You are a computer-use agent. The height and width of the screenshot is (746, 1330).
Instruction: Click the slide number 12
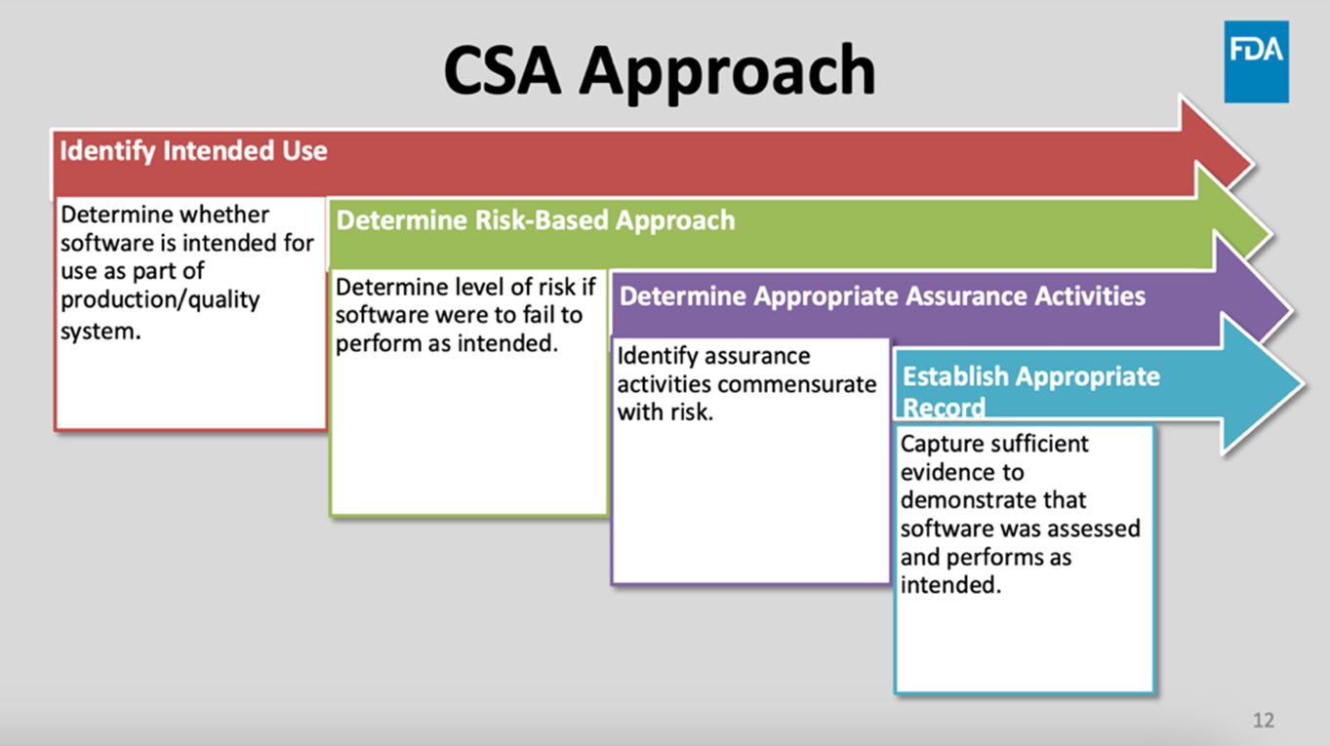coord(1263,721)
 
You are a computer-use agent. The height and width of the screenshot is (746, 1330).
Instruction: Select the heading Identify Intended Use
coord(193,151)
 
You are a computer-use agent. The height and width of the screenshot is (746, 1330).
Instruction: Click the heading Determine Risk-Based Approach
coord(535,220)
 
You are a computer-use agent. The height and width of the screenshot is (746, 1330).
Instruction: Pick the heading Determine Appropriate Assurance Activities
coord(882,295)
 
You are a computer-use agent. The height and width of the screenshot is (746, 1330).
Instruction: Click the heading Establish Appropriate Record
coord(1029,389)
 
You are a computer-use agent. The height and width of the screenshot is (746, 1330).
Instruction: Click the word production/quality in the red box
coord(160,299)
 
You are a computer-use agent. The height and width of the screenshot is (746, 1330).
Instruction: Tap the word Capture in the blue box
coord(940,444)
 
